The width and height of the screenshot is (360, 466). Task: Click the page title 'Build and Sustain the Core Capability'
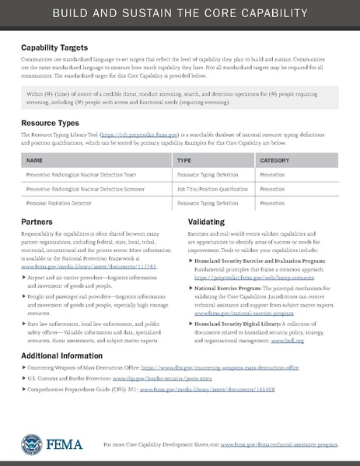coord(180,15)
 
